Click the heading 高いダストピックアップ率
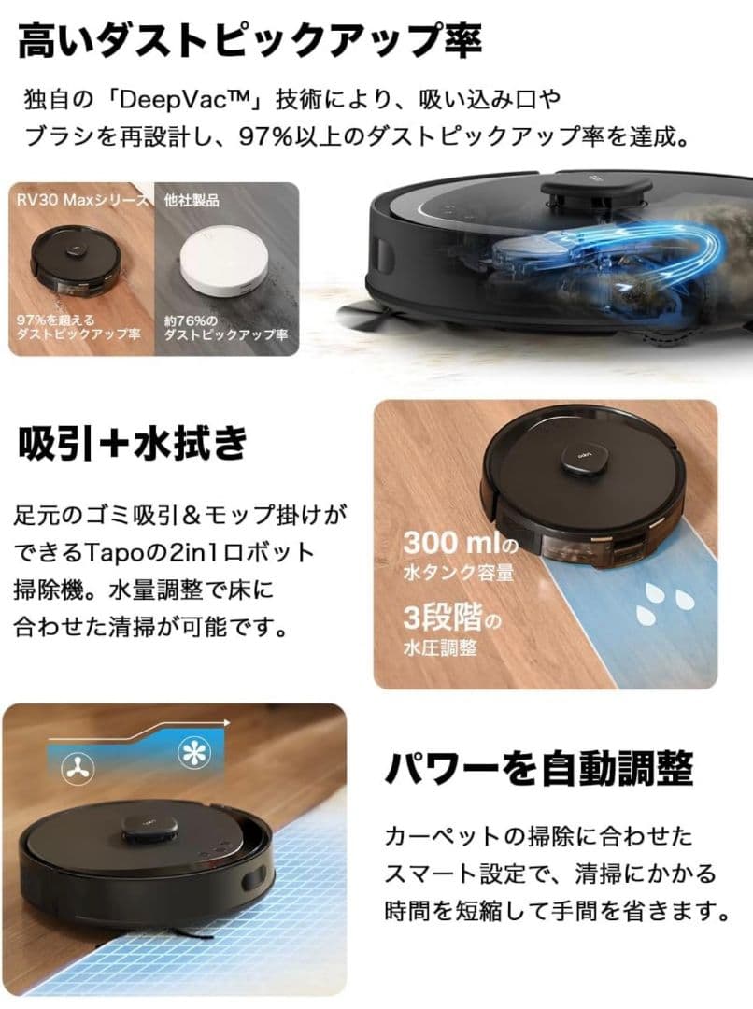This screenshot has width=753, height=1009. (x=249, y=42)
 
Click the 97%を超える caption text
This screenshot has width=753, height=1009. (x=50, y=320)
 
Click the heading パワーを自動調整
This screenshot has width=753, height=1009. (x=539, y=769)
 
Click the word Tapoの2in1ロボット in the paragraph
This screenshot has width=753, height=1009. (x=224, y=551)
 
